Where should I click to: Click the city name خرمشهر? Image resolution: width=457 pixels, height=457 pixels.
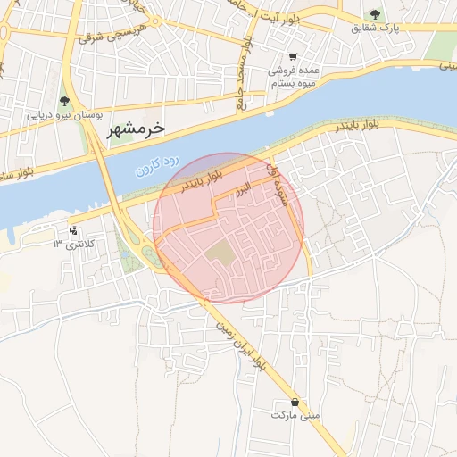pyautogui.click(x=136, y=128)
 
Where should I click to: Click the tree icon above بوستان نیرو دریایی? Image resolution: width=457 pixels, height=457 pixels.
pyautogui.click(x=63, y=101)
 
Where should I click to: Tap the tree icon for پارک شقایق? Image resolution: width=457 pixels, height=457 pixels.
pyautogui.click(x=374, y=14)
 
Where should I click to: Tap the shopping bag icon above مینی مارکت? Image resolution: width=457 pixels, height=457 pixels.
pyautogui.click(x=295, y=402)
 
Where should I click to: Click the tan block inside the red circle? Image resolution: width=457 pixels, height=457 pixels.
pyautogui.click(x=219, y=253)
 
